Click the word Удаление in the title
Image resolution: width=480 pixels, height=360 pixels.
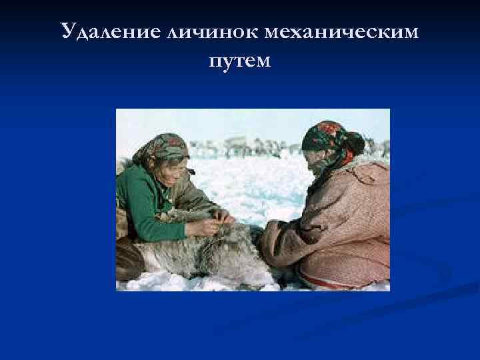pos(108,31)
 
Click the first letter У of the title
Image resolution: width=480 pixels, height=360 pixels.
pos(67,31)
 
